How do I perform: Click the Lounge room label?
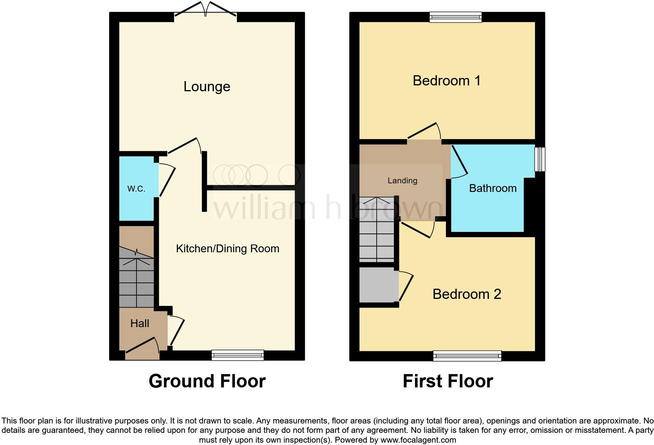point(207,87)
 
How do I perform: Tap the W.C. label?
point(136,189)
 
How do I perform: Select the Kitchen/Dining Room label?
point(227,249)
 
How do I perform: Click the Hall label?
point(140,324)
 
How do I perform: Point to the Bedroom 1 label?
point(446,81)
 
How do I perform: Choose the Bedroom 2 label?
point(467,294)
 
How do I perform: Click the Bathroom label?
point(492,188)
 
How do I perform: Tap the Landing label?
point(402,181)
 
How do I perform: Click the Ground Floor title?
point(207,381)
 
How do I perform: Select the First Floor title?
point(447,381)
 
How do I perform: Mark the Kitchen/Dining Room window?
point(237,355)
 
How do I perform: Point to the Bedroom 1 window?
point(455,17)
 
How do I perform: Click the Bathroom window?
point(540,159)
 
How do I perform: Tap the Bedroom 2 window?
point(467,356)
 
